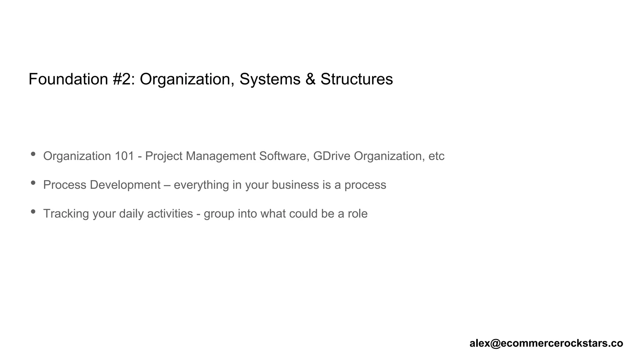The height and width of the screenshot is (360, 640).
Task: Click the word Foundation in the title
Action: [68, 79]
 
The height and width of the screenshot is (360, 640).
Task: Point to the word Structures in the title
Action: [357, 79]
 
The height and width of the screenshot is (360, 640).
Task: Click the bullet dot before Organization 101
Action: [33, 154]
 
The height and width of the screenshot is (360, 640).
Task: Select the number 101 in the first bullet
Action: [124, 156]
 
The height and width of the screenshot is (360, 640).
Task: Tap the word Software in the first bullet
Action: [284, 156]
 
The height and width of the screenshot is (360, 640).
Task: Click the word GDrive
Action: [332, 156]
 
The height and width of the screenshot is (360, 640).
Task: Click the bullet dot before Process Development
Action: [33, 183]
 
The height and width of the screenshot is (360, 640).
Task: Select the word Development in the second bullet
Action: [125, 185]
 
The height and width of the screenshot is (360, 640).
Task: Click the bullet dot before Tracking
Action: [33, 212]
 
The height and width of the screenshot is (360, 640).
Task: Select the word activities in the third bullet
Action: [170, 213]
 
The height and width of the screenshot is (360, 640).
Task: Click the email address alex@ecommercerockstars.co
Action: [546, 343]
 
